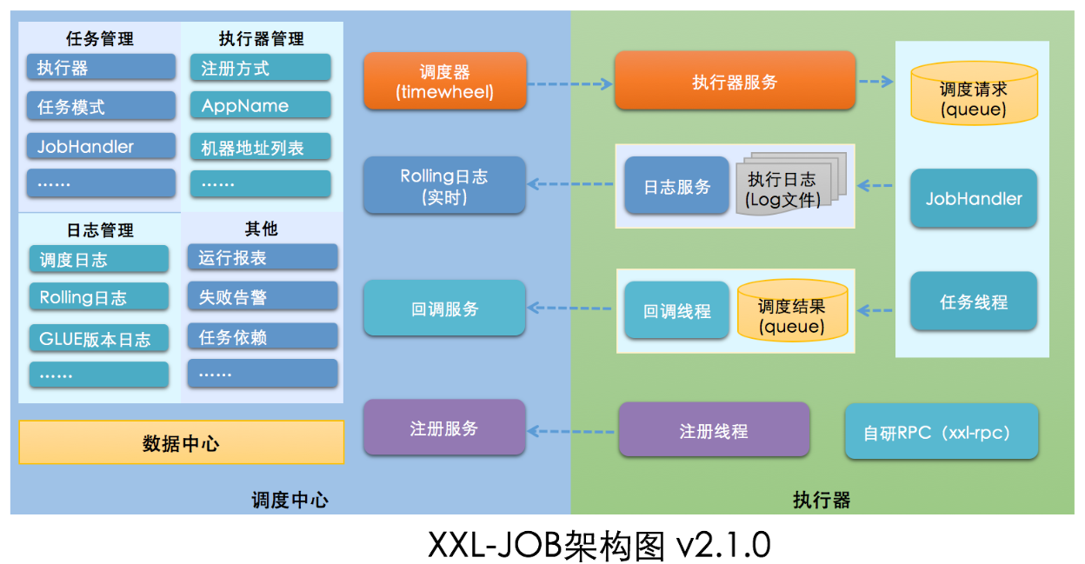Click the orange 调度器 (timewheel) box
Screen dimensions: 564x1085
click(445, 81)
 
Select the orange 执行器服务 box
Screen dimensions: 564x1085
click(735, 81)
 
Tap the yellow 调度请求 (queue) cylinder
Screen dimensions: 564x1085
click(974, 97)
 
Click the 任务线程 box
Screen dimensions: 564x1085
click(974, 302)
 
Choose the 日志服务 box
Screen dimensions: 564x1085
click(677, 186)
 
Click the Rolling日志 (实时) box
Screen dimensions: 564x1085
click(444, 185)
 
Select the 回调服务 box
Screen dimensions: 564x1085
click(444, 308)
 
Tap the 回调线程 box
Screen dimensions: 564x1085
click(677, 310)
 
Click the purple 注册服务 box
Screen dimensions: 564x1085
click(444, 428)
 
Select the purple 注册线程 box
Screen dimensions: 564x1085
click(714, 429)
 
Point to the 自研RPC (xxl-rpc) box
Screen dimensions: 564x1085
click(942, 431)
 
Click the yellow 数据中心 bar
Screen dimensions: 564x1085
click(181, 442)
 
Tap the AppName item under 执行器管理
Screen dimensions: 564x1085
click(261, 105)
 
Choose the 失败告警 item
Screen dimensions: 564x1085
click(263, 297)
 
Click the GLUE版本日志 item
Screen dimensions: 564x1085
click(99, 338)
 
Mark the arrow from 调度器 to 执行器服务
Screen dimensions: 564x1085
click(570, 84)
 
